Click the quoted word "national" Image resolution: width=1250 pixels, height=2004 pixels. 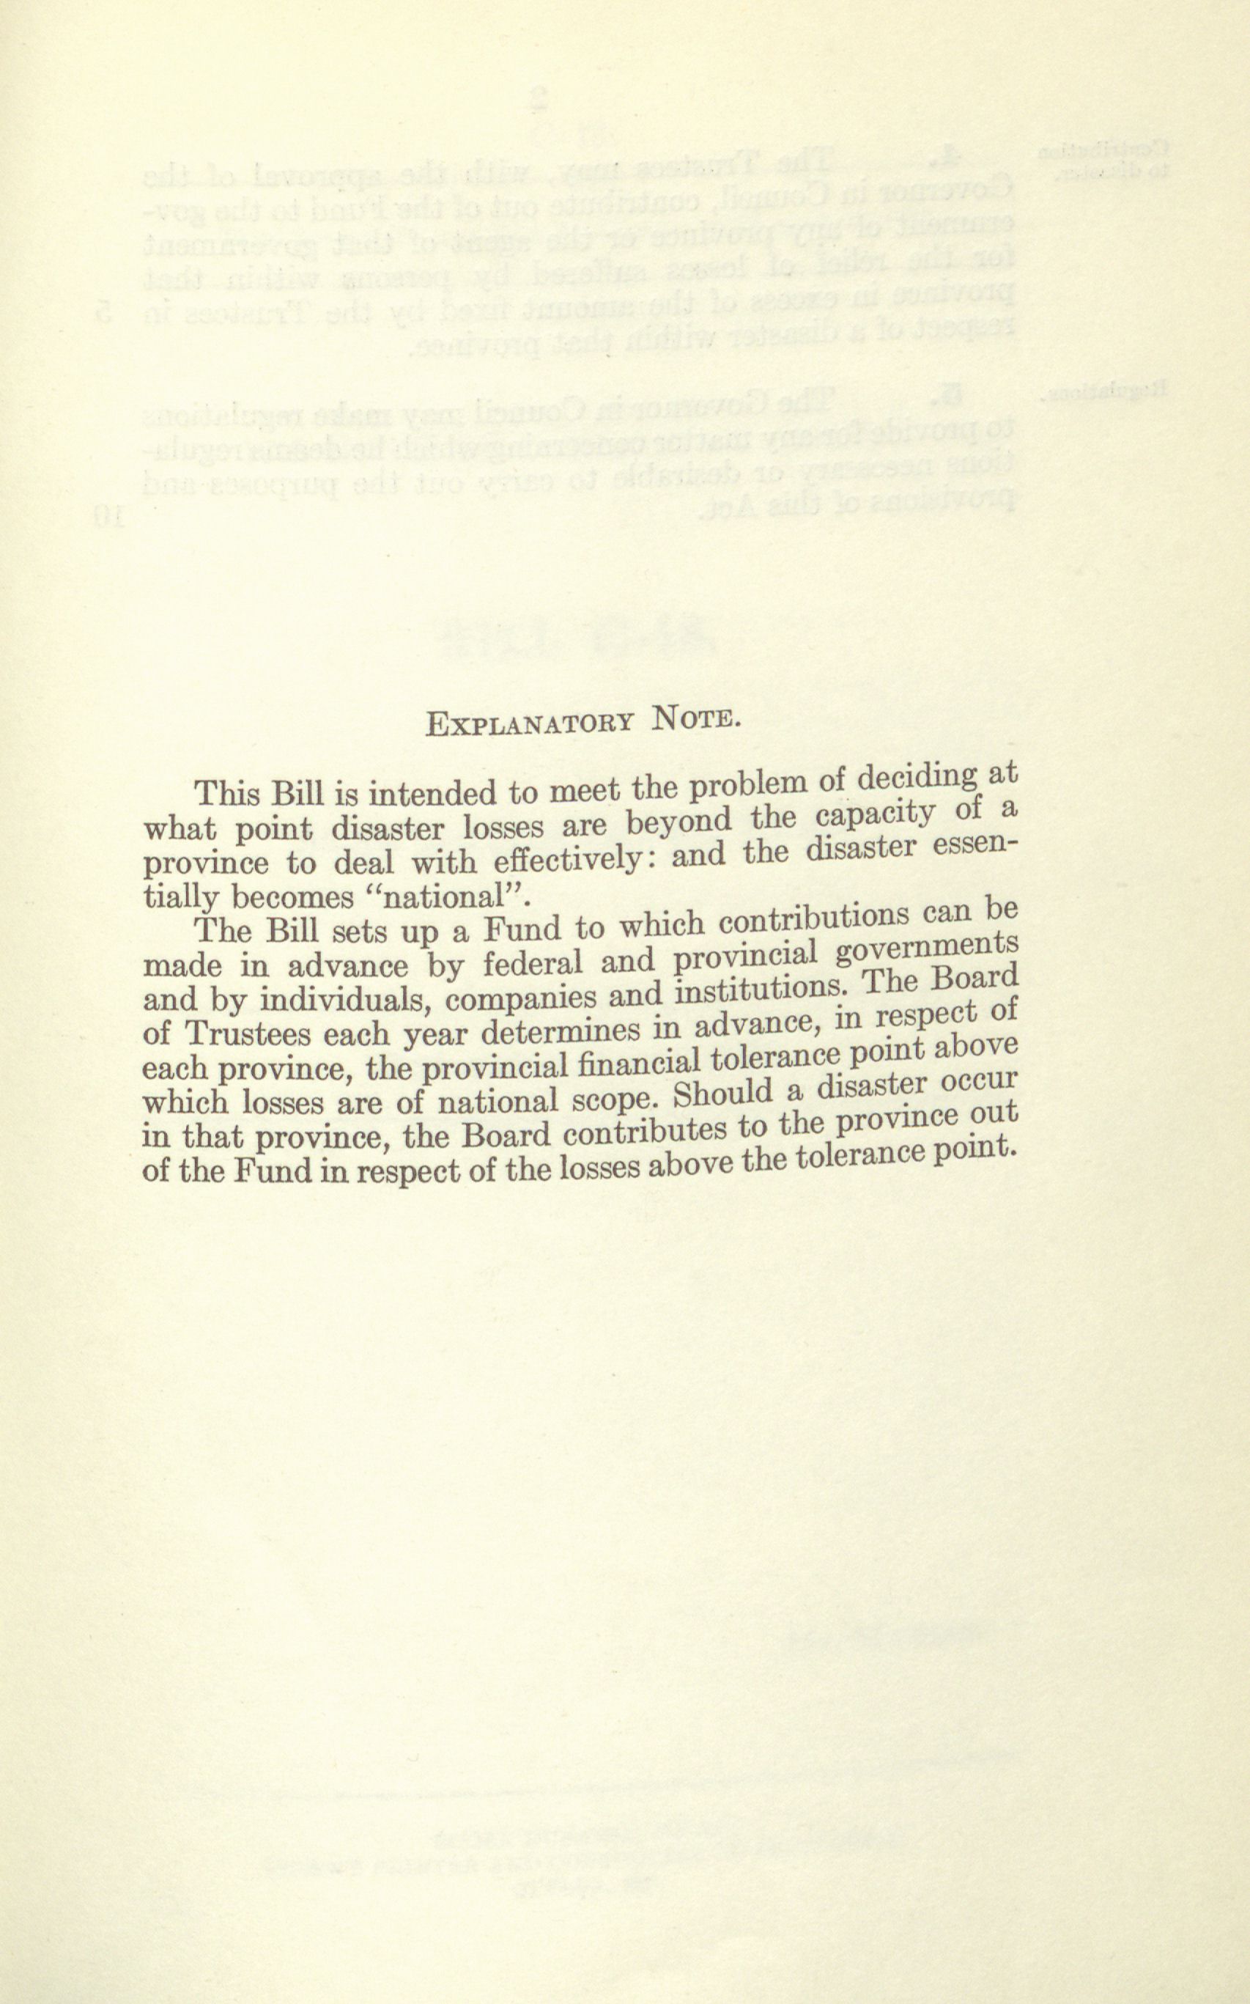click(450, 896)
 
